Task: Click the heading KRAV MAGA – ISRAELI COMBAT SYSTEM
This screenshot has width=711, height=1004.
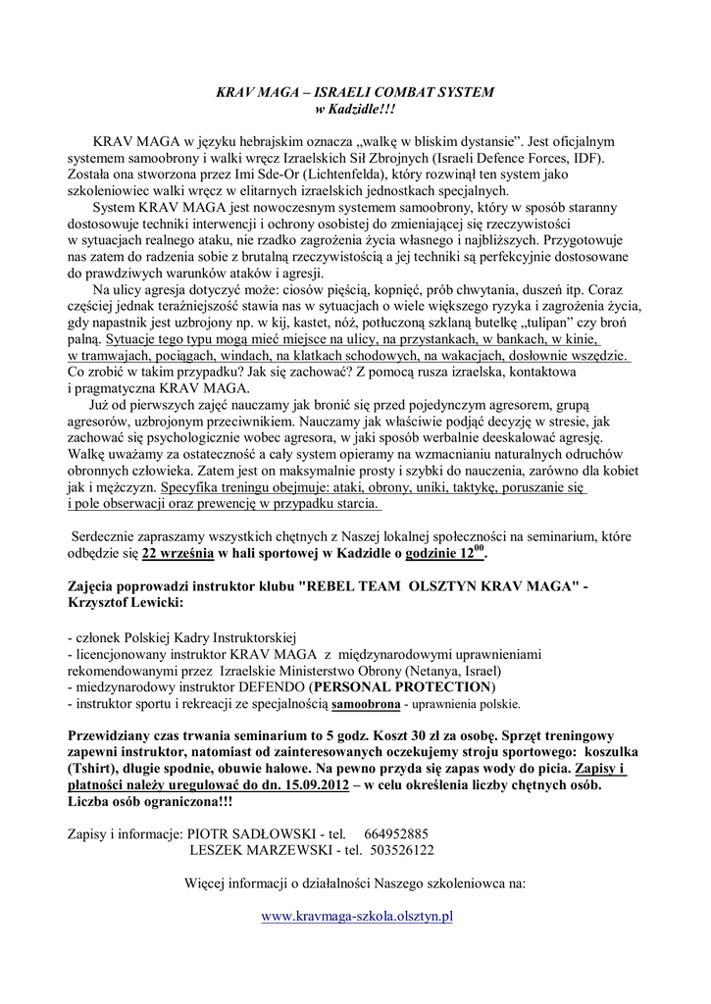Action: [355, 92]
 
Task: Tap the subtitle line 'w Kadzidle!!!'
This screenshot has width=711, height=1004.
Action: [355, 108]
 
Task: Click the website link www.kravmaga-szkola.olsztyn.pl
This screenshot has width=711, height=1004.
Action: [356, 916]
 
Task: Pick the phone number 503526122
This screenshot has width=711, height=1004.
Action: [402, 850]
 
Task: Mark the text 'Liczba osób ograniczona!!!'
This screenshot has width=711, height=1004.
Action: [151, 802]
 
